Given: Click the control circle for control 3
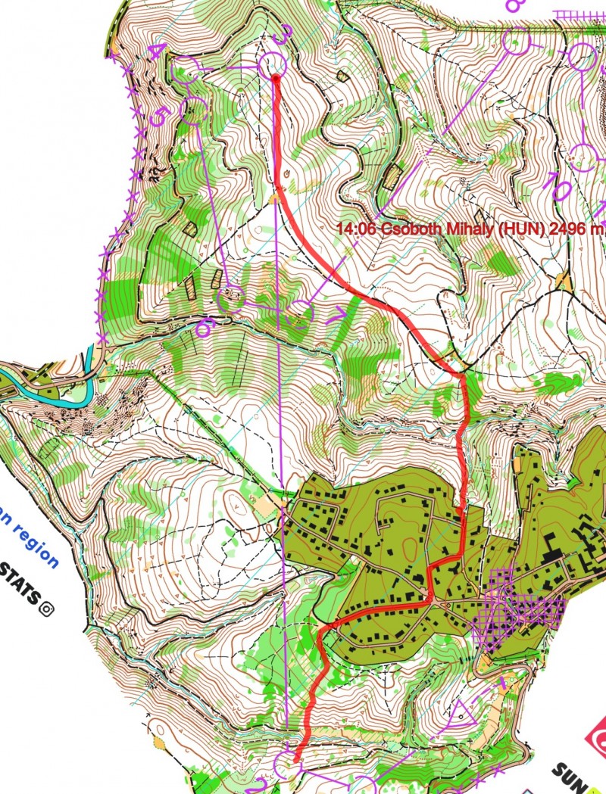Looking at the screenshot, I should [x=273, y=65].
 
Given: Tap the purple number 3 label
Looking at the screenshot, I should [x=283, y=34].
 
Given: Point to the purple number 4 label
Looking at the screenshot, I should [x=157, y=51].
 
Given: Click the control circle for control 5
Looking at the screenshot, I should [x=194, y=111].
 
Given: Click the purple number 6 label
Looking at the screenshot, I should [x=204, y=328].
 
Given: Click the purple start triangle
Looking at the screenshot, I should [x=461, y=712].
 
